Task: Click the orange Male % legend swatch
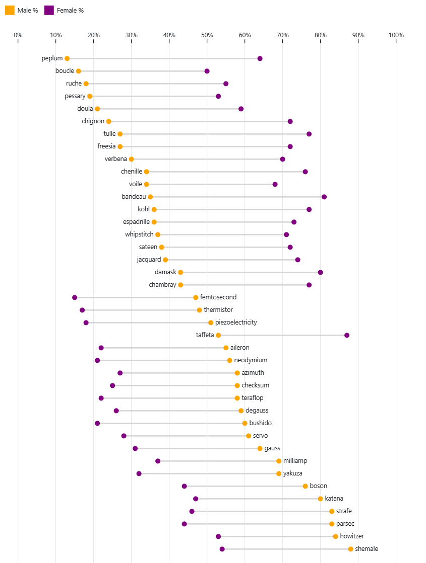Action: (10, 10)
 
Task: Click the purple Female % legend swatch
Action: (49, 10)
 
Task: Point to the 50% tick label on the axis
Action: (207, 35)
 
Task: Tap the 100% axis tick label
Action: (396, 35)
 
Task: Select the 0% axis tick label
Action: (18, 35)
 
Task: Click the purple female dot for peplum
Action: (260, 59)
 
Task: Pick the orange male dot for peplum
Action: (67, 59)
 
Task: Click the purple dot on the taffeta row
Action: (347, 335)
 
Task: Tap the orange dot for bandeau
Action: (150, 197)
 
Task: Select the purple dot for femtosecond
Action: (75, 297)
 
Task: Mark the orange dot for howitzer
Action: (335, 536)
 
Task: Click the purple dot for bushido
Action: (97, 423)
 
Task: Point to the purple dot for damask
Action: (320, 272)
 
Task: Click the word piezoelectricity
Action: (236, 323)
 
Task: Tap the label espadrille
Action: (136, 222)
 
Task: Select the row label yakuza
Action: (293, 473)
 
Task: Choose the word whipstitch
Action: (139, 234)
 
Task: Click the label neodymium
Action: (251, 360)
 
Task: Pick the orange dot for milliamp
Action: (279, 461)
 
